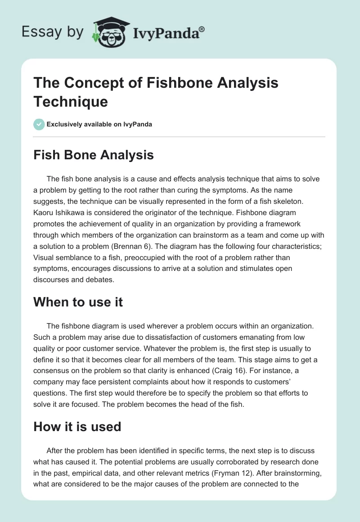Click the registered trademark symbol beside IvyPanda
tap(202, 29)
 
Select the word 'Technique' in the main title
tap(71, 101)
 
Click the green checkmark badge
tap(39, 124)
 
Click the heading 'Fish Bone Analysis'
tap(94, 155)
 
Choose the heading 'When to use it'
tap(78, 302)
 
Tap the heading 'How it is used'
tap(77, 426)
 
